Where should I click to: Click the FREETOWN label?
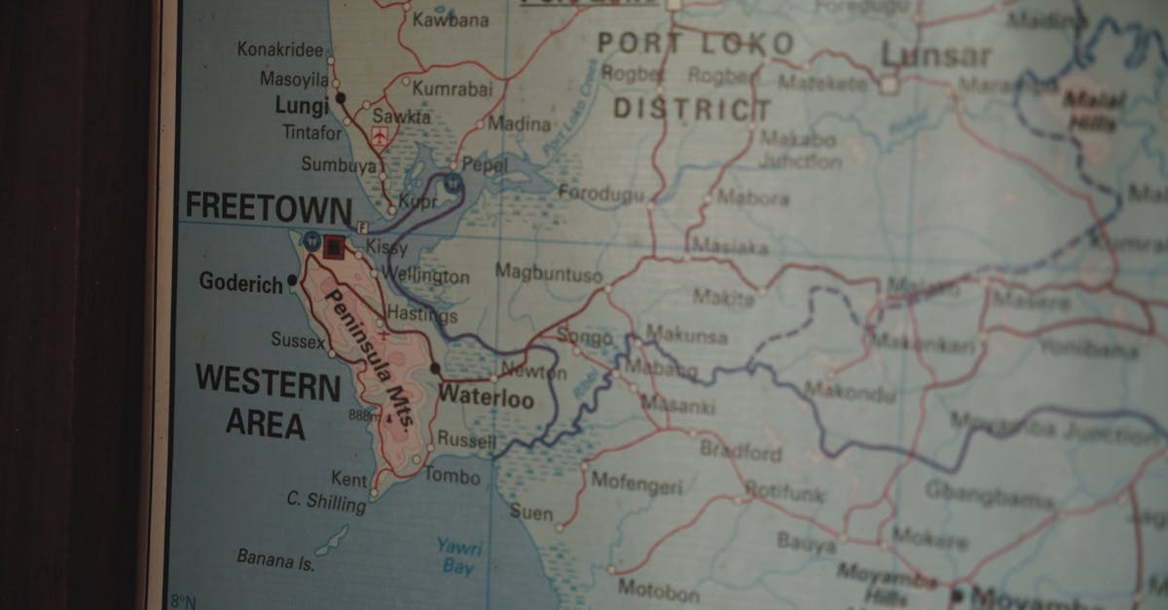pos(268,207)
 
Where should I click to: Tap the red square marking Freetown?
pos(334,246)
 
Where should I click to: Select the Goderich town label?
pos(239,282)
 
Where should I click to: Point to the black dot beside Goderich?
pos(292,281)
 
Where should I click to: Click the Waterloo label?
pos(486,398)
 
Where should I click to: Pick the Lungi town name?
pos(302,105)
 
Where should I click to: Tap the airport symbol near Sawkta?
pos(380,135)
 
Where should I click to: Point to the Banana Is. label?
pos(275,559)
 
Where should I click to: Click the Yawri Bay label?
pos(458,555)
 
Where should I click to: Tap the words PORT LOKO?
pos(695,43)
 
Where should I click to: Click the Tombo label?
pos(453,476)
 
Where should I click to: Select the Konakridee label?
pos(279,49)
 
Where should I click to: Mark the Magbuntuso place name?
pos(548,273)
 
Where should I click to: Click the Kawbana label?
pos(451,18)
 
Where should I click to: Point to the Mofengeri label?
pos(637,483)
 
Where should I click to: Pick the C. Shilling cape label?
pos(326,500)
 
